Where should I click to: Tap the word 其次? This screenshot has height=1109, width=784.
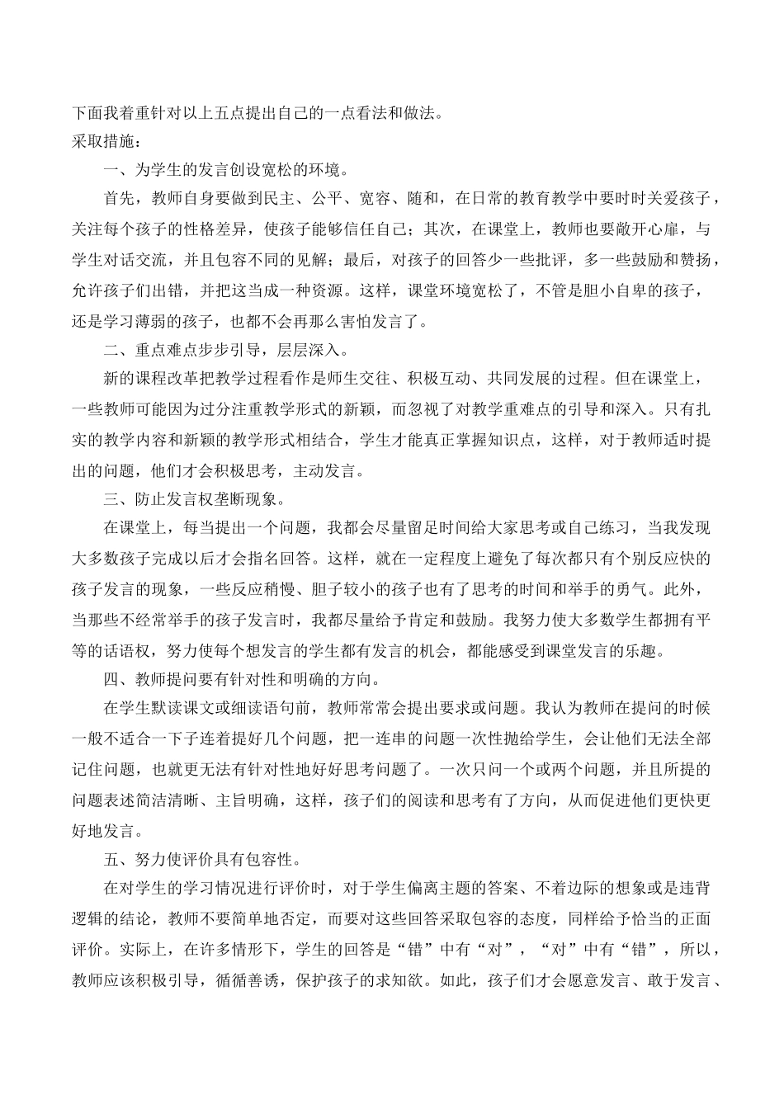click(x=437, y=230)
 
